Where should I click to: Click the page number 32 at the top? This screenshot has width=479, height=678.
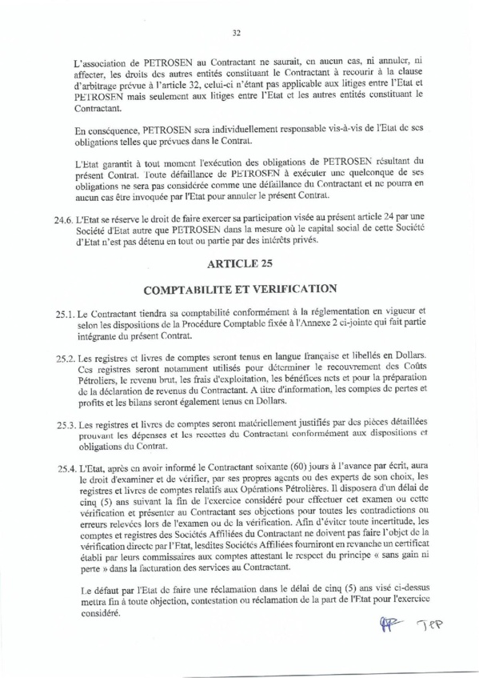[237, 34]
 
